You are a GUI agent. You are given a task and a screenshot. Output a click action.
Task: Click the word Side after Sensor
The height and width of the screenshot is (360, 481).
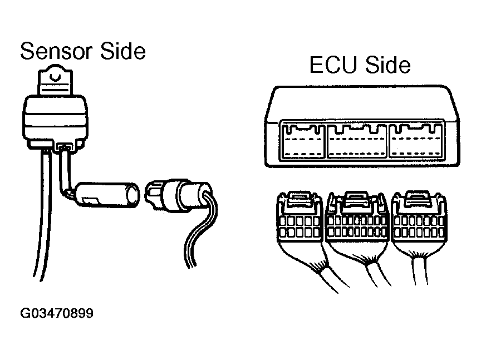point(122,52)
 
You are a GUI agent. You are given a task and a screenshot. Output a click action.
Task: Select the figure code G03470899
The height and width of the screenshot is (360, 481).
point(57,314)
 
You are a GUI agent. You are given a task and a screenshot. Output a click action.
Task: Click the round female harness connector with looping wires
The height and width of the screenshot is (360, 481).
point(178,195)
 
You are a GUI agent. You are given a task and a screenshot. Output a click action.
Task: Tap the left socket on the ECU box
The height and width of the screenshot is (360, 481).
point(303,142)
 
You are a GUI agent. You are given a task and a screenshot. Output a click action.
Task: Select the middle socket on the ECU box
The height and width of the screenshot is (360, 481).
point(357,142)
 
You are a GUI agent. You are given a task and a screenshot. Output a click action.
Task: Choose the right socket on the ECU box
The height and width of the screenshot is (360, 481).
point(413,142)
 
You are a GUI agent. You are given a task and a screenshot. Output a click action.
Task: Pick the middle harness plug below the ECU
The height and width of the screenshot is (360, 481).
point(357,223)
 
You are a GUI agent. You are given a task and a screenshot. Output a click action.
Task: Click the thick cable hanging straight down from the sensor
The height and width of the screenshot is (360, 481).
point(43,223)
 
